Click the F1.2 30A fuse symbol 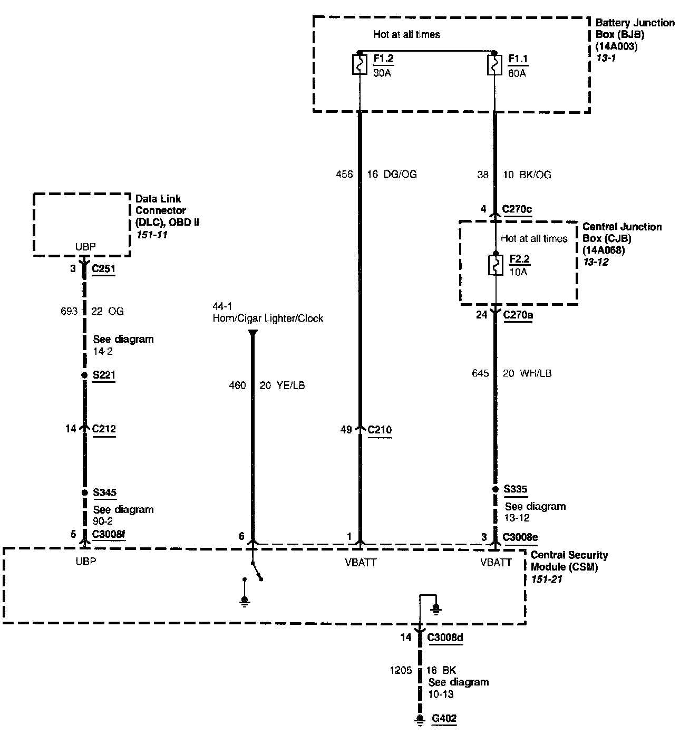pos(360,65)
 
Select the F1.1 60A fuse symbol pos(494,65)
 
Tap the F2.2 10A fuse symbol pos(496,265)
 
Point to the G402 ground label pos(444,718)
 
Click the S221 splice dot pos(84,375)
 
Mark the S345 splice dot pos(84,492)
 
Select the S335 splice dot pos(495,489)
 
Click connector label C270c pos(517,209)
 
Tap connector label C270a pos(518,315)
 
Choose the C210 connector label pos(380,430)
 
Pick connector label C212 pos(104,429)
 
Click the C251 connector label pos(103,269)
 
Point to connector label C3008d pos(445,638)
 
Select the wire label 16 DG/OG pos(392,175)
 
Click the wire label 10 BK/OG pos(527,175)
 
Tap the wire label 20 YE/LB pos(282,385)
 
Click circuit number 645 pos(480,373)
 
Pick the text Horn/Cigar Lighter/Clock pos(268,318)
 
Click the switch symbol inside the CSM pos(256,572)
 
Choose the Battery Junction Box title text pos(634,28)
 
